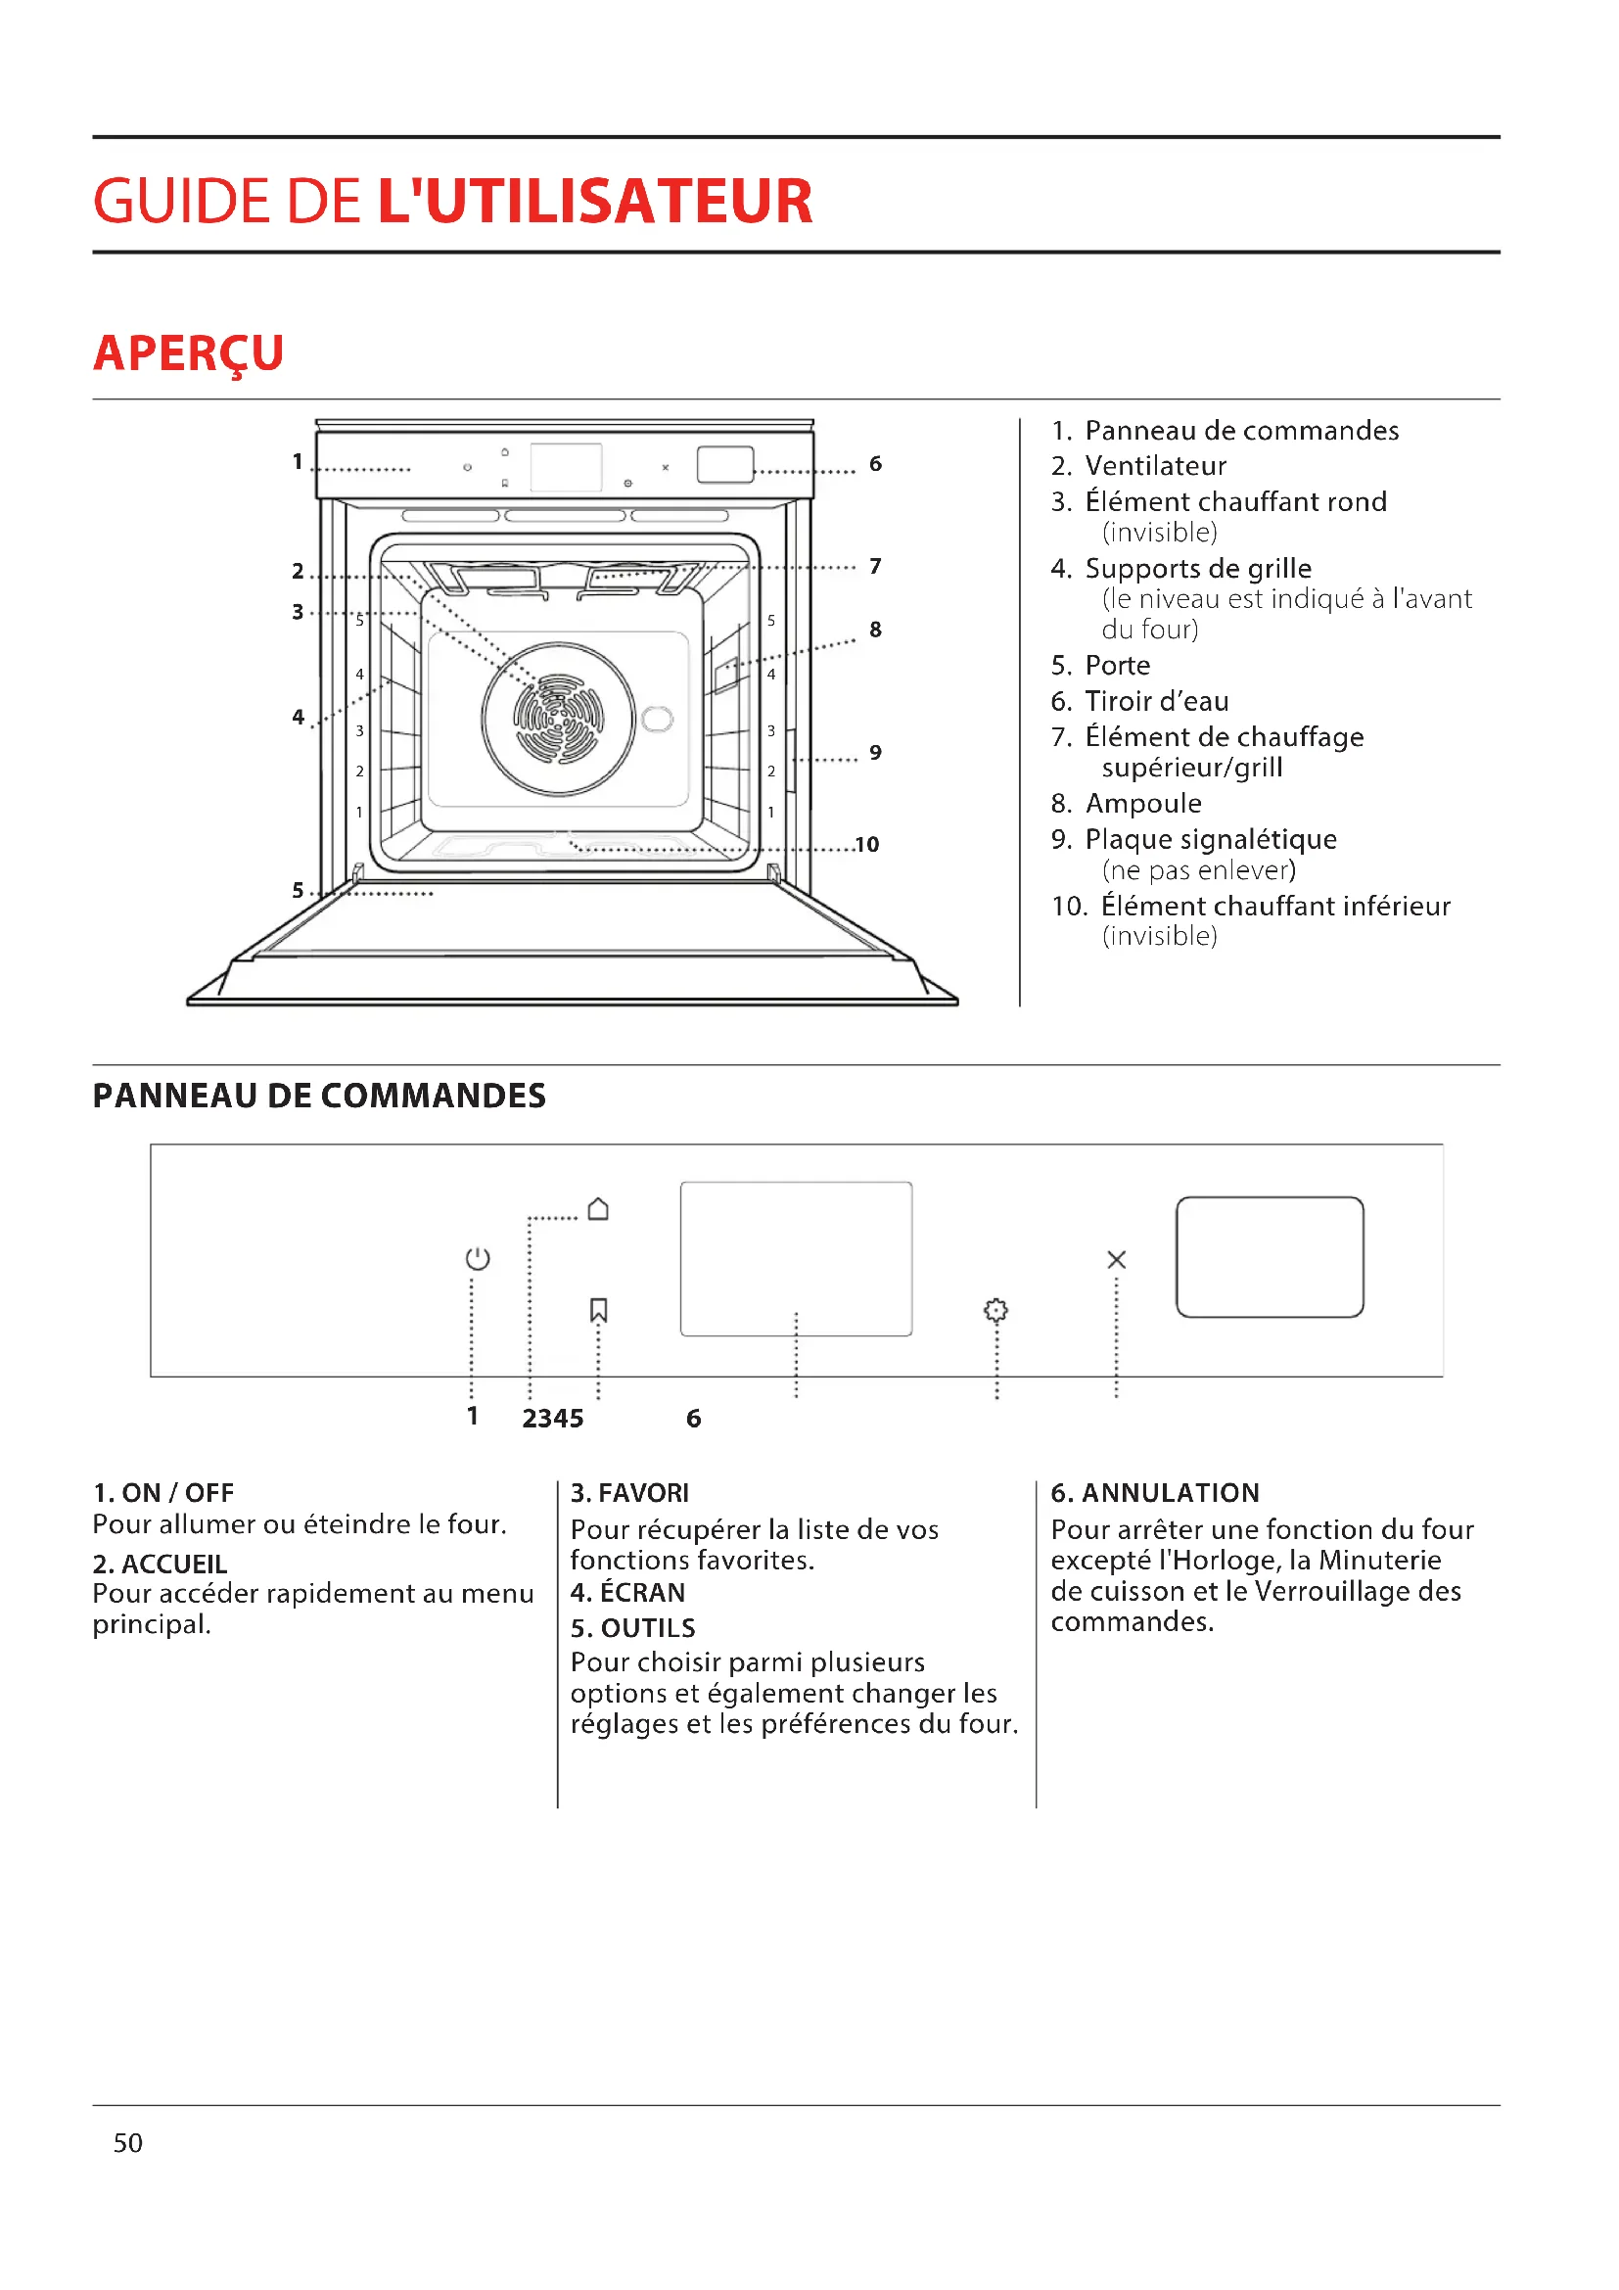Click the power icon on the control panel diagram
[478, 1259]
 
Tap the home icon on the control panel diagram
[598, 1209]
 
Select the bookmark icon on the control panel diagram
[598, 1310]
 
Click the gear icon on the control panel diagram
[995, 1310]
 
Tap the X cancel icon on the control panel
[1117, 1260]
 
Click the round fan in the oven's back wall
[558, 718]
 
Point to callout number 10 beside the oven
[866, 845]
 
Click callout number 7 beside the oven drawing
[875, 567]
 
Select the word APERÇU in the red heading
[188, 353]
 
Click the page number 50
[127, 2143]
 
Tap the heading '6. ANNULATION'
[1154, 1493]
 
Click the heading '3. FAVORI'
[629, 1493]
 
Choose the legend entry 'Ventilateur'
[1155, 466]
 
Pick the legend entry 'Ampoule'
[1142, 803]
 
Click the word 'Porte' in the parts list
[1118, 665]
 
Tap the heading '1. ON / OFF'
[163, 1493]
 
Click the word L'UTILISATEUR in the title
[595, 201]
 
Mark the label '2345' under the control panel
[552, 1419]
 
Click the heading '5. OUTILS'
[633, 1628]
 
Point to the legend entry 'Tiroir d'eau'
[1156, 701]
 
